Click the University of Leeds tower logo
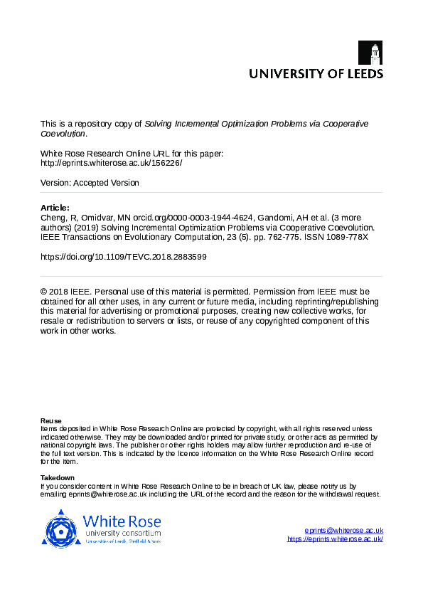(375, 53)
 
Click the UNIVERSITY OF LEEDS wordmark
(316, 73)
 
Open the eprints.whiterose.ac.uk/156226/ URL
(112, 163)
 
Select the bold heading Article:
(55, 208)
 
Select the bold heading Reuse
(51, 420)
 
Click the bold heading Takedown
(58, 477)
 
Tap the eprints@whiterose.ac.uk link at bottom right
(343, 531)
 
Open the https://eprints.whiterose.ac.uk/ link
(335, 539)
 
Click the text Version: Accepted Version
(90, 183)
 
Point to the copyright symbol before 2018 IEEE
(44, 291)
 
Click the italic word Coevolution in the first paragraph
(63, 133)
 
